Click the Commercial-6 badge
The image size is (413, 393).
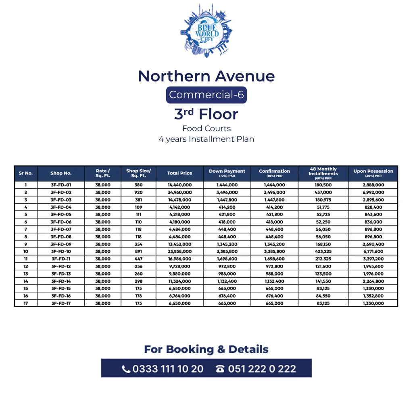(206, 95)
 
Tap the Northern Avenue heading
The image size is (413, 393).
(206, 76)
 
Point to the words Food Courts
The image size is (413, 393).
(206, 129)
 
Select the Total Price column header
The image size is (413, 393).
(179, 173)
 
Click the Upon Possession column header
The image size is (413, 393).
(373, 173)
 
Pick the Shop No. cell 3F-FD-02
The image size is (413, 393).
(61, 192)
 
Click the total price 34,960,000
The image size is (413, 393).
(179, 192)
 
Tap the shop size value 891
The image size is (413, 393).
(138, 251)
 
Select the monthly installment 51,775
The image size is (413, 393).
(323, 207)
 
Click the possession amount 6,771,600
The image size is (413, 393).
(373, 251)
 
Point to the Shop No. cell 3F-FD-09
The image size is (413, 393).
(61, 244)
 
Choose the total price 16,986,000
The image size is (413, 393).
(179, 259)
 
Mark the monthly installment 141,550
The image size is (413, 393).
(323, 281)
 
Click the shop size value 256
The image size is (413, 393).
(138, 266)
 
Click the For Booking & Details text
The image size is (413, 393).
(206, 349)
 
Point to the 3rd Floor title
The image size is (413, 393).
(206, 114)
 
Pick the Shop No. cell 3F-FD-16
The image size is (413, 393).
(61, 296)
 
